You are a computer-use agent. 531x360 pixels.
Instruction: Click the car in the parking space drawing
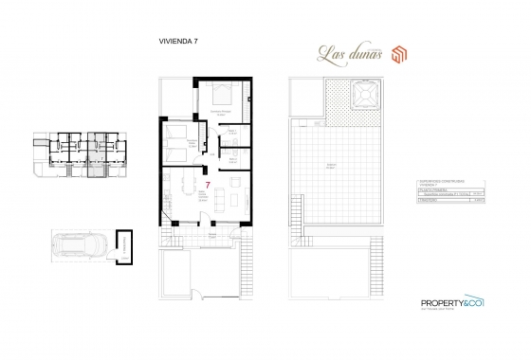(x=80, y=247)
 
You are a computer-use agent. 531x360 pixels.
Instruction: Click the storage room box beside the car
(x=122, y=245)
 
